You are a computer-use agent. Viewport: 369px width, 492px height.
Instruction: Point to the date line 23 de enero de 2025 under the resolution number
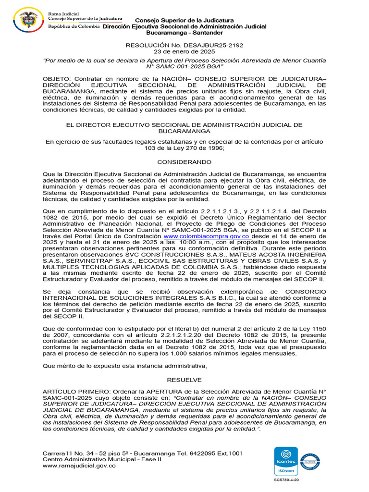[184, 52]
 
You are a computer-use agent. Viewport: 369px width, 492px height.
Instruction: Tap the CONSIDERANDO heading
[184, 162]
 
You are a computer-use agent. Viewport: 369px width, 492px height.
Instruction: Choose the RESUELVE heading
[184, 380]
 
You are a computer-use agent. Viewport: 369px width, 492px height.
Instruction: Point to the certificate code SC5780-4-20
[286, 480]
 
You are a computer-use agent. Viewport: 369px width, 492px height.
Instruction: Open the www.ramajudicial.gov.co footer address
[79, 466]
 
